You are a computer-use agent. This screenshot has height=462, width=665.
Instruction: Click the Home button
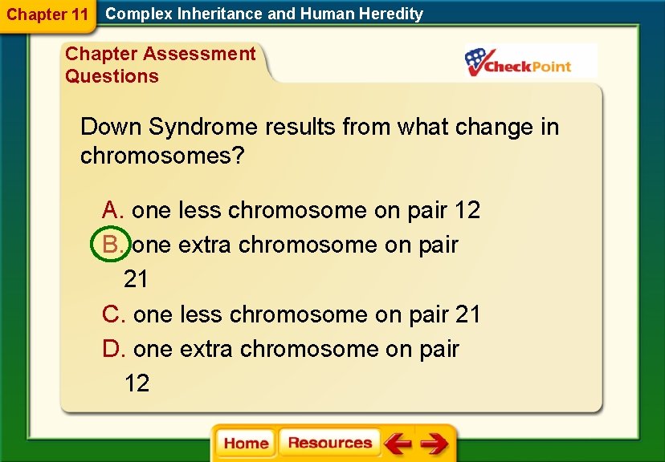tap(246, 444)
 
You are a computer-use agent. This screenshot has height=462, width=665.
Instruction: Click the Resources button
tap(329, 443)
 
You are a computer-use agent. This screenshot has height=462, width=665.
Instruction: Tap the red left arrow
tap(398, 444)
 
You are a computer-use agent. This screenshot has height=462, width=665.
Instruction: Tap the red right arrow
tap(434, 444)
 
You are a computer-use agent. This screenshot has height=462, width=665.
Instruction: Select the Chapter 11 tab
tap(47, 14)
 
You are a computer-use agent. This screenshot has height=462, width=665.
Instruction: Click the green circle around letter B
tap(109, 245)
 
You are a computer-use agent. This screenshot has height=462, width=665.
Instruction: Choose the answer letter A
tap(113, 210)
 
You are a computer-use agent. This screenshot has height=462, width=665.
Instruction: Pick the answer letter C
tap(114, 314)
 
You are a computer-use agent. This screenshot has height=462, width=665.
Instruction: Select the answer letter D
tap(114, 349)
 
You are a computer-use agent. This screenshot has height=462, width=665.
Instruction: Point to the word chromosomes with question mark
tap(161, 156)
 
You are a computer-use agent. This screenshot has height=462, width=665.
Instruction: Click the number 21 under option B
tap(136, 279)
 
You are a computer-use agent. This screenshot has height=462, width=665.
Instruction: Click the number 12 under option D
tap(137, 383)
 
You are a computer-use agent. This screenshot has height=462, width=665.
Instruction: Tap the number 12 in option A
tap(467, 210)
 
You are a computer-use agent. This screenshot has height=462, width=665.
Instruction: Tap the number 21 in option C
tap(467, 314)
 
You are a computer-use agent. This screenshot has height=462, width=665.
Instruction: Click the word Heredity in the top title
tap(392, 14)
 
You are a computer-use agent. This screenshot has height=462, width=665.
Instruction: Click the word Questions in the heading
tap(112, 76)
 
